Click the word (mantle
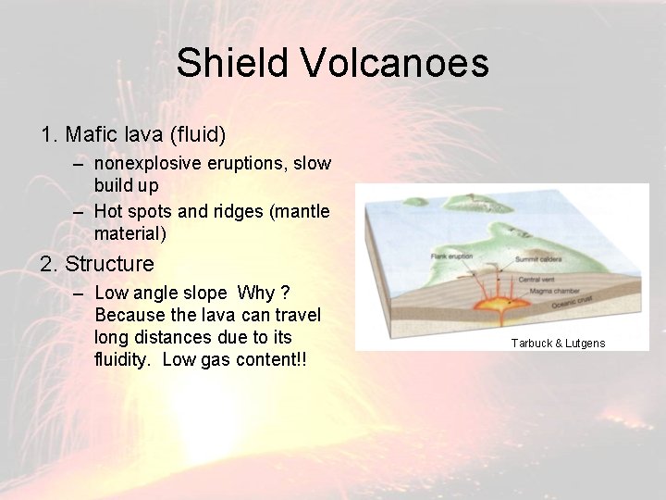pyautogui.click(x=298, y=212)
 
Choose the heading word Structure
pyautogui.click(x=109, y=264)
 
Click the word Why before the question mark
pyautogui.click(x=255, y=294)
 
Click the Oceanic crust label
pyautogui.click(x=542, y=301)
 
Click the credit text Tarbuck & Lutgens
pyautogui.click(x=558, y=344)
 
